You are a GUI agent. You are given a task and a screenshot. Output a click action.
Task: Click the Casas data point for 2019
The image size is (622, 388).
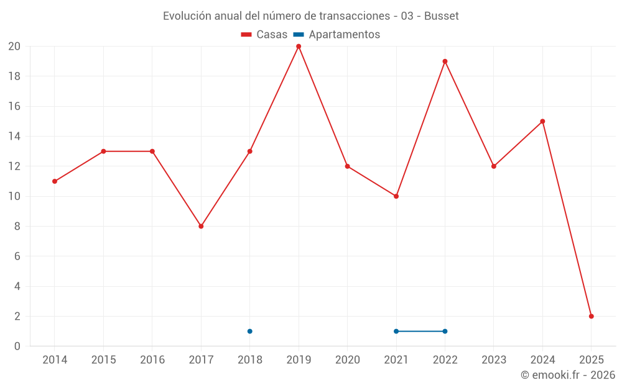point(299,47)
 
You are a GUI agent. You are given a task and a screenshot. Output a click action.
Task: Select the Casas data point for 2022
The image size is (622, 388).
point(445,61)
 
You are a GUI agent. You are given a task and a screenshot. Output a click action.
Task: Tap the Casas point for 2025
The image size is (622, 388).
point(591,316)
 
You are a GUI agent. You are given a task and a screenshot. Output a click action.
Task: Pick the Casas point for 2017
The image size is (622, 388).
point(201,226)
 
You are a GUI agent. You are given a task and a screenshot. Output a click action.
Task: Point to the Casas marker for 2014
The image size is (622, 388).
point(55,181)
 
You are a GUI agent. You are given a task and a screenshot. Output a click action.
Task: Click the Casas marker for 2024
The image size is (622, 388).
point(542,122)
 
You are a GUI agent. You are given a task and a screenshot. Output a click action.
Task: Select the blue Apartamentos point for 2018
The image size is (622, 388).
point(249,331)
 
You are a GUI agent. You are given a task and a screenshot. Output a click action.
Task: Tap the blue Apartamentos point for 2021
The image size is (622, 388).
point(396,331)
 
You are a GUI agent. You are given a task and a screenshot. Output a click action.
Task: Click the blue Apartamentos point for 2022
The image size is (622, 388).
point(445,331)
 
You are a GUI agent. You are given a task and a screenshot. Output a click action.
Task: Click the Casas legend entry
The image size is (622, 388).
point(264,35)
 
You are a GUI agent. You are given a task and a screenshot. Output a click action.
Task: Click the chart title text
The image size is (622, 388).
point(310,16)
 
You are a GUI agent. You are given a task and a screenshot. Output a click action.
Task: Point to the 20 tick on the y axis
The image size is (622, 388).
point(14,47)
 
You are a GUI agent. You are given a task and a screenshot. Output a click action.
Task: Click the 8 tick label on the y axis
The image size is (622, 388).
point(17,227)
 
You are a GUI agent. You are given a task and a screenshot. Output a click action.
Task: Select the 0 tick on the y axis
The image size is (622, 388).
point(17,346)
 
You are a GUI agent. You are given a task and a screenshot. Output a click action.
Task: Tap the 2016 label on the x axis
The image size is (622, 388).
point(152,360)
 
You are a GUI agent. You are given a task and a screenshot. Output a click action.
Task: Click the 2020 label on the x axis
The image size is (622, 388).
point(347,360)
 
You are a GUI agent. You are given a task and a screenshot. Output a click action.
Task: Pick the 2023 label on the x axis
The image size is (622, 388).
point(494,360)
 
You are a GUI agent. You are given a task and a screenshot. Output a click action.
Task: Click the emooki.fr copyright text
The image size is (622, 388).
point(567,375)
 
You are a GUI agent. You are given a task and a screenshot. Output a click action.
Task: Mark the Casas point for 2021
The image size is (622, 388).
point(396,196)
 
